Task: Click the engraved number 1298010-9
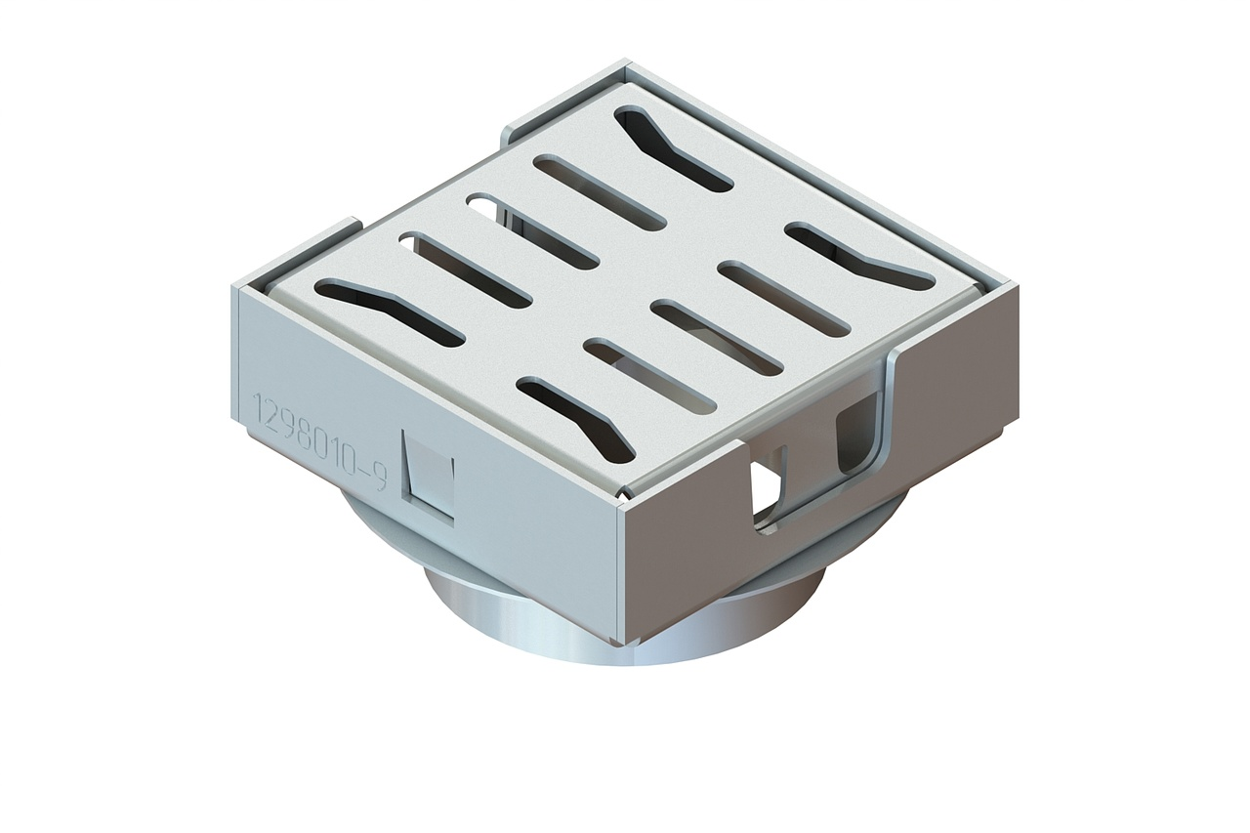click(x=320, y=439)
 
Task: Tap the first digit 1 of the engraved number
click(x=258, y=403)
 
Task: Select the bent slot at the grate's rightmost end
click(x=860, y=256)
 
